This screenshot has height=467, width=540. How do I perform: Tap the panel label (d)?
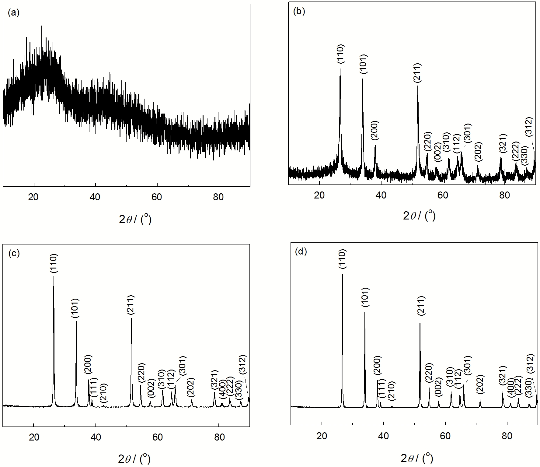[x=301, y=251]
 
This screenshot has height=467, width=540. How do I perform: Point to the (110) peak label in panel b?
[x=340, y=54]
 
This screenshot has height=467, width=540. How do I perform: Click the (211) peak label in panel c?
[x=131, y=304]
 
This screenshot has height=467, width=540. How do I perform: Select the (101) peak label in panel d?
[x=365, y=298]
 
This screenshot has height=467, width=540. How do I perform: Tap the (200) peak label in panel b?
[x=375, y=131]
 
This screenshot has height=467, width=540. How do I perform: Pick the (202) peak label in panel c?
[x=191, y=387]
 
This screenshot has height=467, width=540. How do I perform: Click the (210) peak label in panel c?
[x=104, y=393]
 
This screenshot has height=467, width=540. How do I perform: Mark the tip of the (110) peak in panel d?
[x=342, y=274]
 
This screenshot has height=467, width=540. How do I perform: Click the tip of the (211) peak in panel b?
[x=417, y=86]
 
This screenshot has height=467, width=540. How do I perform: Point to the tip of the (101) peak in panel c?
[x=76, y=321]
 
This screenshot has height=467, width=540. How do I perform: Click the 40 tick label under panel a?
[x=95, y=197]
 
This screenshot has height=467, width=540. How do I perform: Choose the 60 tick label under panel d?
[x=445, y=436]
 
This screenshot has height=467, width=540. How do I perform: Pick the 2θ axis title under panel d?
[x=417, y=458]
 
